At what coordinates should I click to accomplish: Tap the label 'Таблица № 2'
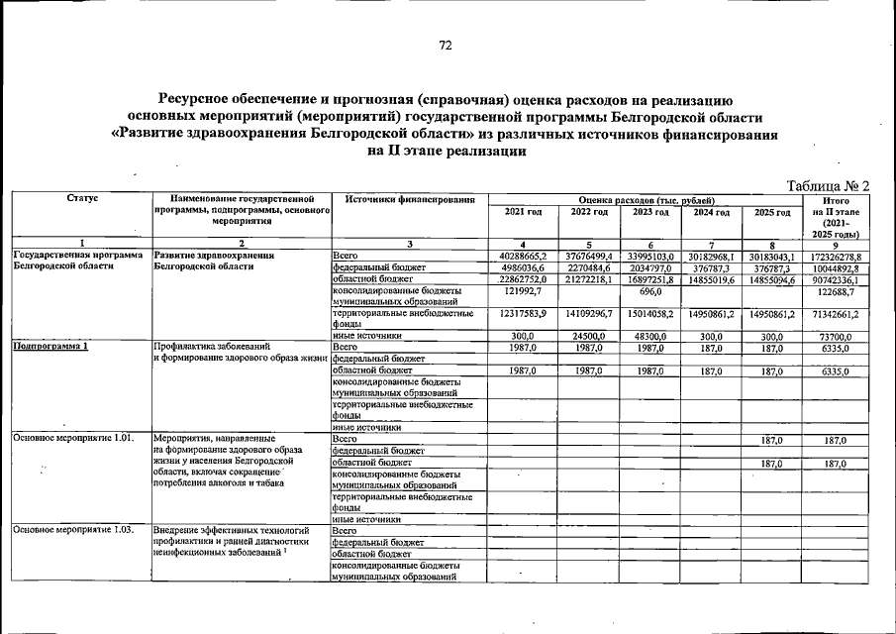click(827, 186)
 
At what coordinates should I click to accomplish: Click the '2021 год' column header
click(523, 213)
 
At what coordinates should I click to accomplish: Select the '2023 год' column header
click(650, 213)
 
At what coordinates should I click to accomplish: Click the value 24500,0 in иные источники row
click(588, 337)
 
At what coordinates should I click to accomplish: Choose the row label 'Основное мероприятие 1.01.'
click(71, 438)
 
